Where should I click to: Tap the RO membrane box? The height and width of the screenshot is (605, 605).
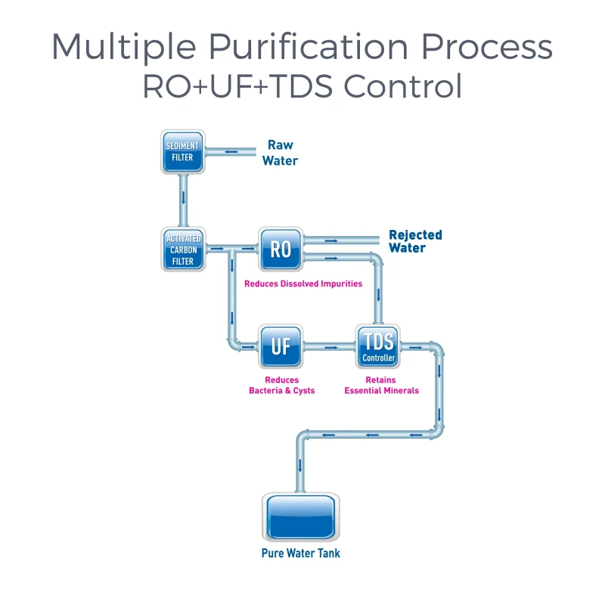[281, 248]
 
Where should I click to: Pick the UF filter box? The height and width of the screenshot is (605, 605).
[281, 346]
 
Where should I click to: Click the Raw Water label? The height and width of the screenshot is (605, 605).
[280, 153]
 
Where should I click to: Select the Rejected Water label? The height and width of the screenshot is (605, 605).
[415, 241]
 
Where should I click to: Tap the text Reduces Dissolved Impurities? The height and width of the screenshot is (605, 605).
[303, 284]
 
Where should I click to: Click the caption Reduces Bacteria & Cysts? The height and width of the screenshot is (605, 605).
[281, 385]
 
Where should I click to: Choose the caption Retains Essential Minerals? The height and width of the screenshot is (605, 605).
[381, 385]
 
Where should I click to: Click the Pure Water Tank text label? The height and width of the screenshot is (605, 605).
[300, 554]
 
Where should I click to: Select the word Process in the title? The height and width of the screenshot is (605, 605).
[487, 48]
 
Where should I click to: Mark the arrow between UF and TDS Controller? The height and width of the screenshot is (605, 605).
[330, 347]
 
